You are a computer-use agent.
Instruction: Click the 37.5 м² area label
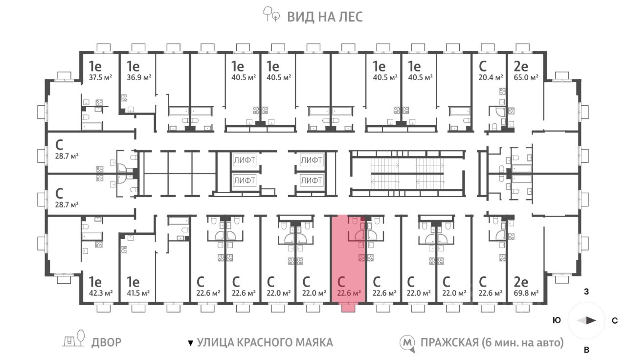pos(101,77)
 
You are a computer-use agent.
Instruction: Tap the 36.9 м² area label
pos(139,77)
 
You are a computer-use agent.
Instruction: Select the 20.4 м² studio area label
pos(491,77)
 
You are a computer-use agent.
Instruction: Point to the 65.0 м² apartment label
pos(526,77)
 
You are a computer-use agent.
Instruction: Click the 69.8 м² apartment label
pos(526,293)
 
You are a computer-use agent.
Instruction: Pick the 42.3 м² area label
pos(101,293)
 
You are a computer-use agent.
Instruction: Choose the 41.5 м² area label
pos(138,293)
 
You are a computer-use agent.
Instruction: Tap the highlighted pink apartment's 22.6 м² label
pos(349,293)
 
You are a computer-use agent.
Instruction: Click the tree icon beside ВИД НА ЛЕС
pos(271,14)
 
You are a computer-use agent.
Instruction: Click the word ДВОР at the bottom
pos(106,342)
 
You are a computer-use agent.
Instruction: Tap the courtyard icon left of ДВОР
pos(73,339)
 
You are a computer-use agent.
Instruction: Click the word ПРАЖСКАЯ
pos(449,342)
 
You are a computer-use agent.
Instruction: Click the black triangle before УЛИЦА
pos(191,343)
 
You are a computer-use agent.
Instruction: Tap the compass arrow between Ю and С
pos(587,320)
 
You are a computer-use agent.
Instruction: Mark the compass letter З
pos(586,292)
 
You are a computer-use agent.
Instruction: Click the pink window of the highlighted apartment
pos(349,308)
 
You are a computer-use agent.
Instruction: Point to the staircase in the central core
pos(407,174)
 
